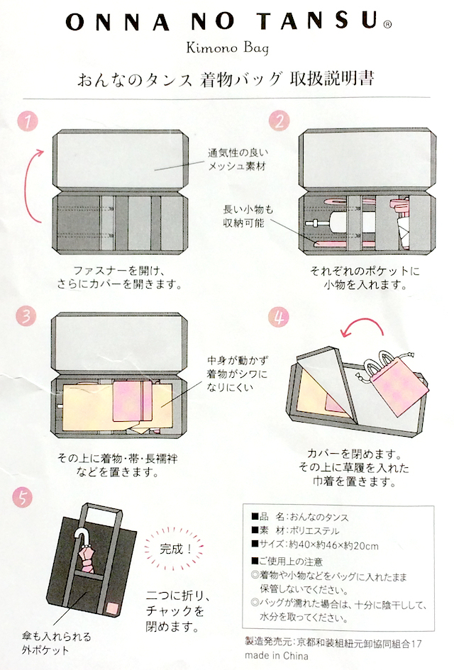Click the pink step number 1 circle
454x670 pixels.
(28, 121)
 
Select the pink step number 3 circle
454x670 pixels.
(26, 316)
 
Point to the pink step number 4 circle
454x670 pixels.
(279, 318)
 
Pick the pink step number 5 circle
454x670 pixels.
(23, 498)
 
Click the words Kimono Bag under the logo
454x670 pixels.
(228, 48)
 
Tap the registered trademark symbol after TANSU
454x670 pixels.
(387, 25)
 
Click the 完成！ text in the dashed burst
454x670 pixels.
(176, 549)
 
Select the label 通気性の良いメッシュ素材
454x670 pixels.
(238, 159)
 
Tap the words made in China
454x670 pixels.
(276, 655)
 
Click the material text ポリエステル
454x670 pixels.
(314, 531)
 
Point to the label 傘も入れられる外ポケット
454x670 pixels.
(57, 643)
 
